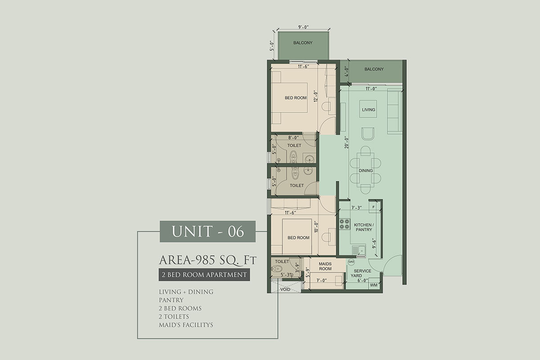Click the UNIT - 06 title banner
tap(207, 231)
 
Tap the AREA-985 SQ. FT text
tap(208, 260)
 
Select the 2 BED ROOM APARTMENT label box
tap(204, 274)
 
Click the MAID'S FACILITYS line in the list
tap(186, 325)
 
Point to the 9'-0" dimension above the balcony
tap(303, 27)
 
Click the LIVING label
tap(369, 110)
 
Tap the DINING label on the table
tap(366, 171)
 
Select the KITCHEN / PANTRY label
tap(364, 227)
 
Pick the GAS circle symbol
tap(351, 261)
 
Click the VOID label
tap(285, 289)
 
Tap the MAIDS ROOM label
tap(325, 266)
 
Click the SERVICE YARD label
tap(361, 273)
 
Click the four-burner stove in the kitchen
tap(345, 224)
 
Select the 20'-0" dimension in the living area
tap(346, 142)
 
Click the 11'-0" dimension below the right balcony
tap(371, 89)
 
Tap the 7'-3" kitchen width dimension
tap(356, 207)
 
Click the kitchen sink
tap(359, 251)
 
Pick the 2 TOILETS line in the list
tap(174, 317)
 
